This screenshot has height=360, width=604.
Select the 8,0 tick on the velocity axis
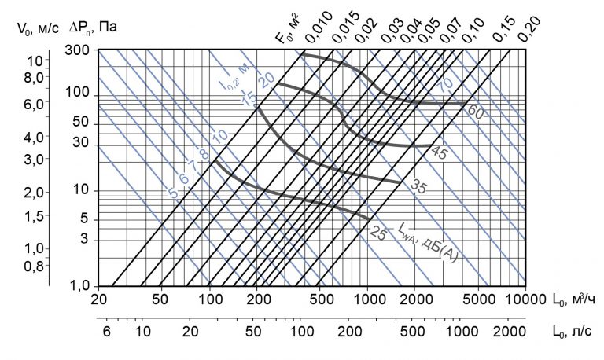click(x=36, y=78)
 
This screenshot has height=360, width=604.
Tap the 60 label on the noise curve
click(x=475, y=112)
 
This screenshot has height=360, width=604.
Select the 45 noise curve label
click(x=439, y=154)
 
